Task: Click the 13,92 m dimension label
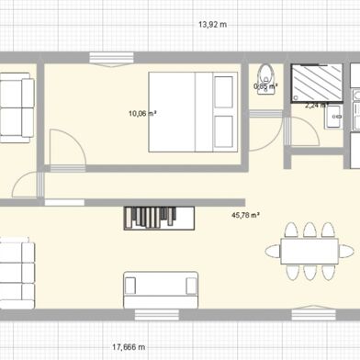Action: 214,25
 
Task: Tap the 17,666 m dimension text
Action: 129,347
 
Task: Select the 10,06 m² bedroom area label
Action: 141,113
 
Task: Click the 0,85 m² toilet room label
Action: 265,87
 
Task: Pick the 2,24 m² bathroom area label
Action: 317,105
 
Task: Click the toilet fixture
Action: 266,77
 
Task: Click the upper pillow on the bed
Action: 223,92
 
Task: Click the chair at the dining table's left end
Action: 273,251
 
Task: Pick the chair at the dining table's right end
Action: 346,251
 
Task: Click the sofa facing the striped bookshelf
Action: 161,289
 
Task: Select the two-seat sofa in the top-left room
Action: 16,107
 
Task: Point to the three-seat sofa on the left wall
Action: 16,274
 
